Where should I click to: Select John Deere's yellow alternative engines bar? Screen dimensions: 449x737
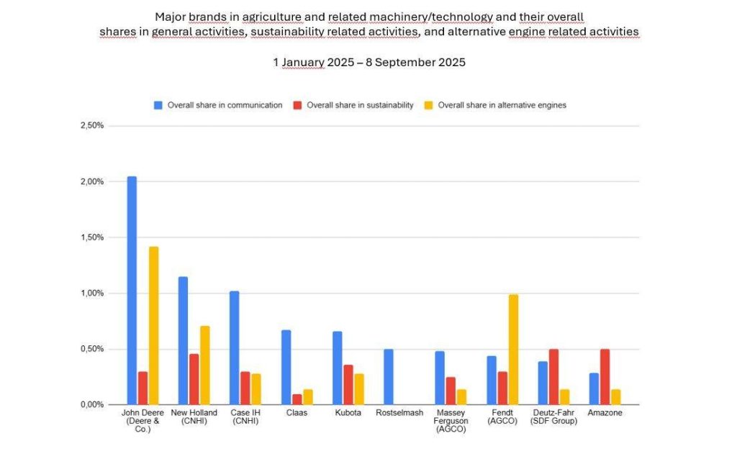click(x=153, y=325)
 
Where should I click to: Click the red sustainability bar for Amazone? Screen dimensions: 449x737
click(x=605, y=377)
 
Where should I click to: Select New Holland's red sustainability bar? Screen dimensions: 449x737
click(x=194, y=379)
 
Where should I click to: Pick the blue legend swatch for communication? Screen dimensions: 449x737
click(x=158, y=105)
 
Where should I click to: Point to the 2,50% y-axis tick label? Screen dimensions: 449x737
click(x=92, y=126)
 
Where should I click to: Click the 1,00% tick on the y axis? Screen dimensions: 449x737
click(x=92, y=294)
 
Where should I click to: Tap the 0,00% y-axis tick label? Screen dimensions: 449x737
click(x=92, y=405)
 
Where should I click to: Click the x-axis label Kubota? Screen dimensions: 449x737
click(x=348, y=413)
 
